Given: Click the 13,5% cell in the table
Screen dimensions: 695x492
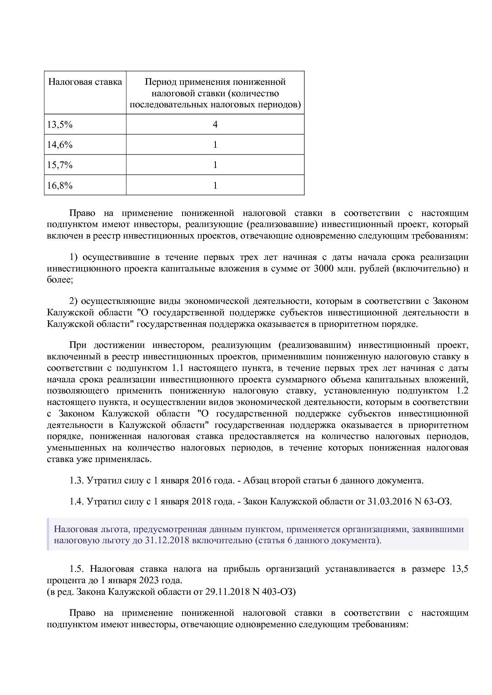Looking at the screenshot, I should (60, 125).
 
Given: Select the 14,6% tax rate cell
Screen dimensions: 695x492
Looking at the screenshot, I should (60, 145).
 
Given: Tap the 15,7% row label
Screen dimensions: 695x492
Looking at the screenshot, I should (60, 165).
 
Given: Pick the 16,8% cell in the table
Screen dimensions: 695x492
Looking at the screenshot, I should (60, 185).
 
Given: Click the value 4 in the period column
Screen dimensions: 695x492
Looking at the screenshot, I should (215, 125).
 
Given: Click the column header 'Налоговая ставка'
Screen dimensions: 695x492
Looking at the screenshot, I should (85, 82).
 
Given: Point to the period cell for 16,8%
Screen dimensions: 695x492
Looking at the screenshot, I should (215, 185).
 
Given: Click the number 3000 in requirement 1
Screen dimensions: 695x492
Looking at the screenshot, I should (324, 269).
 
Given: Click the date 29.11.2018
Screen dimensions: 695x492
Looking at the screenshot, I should (227, 592).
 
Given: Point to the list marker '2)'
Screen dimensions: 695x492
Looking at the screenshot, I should (74, 301).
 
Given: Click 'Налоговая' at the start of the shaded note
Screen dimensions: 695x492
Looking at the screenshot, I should (72, 529).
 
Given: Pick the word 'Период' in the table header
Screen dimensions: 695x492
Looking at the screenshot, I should (160, 82).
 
